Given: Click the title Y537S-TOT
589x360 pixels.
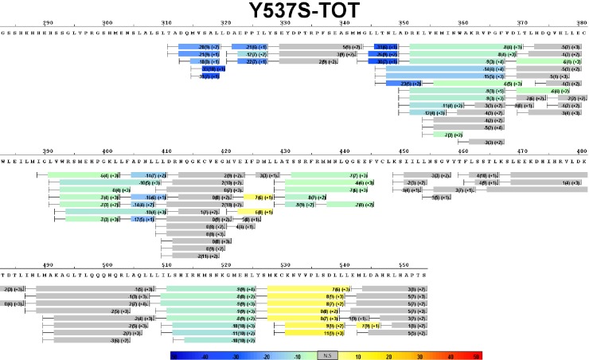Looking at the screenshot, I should point(294,11).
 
